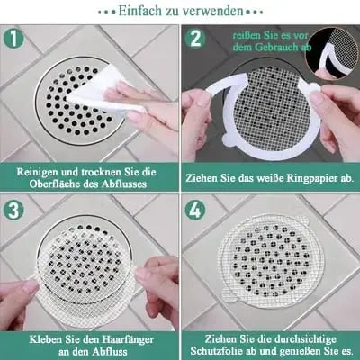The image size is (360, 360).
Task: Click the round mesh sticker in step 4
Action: (269, 261)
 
